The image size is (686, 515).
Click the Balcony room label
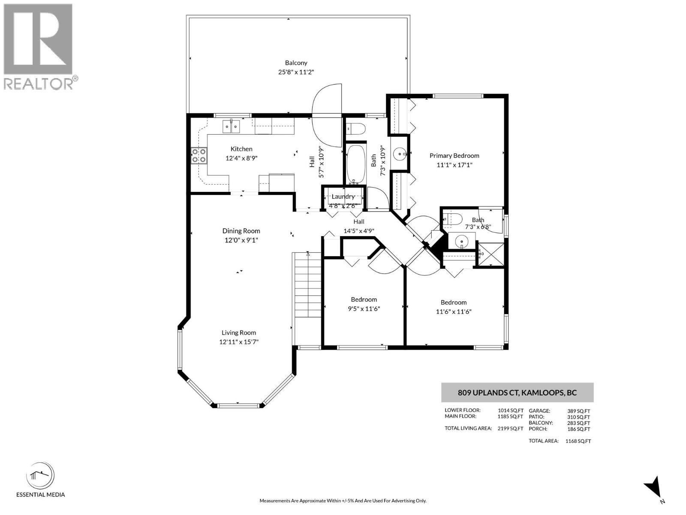click(x=296, y=63)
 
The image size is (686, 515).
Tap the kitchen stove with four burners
click(x=199, y=155)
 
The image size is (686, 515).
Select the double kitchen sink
click(x=231, y=126)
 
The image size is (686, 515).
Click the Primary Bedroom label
click(x=454, y=156)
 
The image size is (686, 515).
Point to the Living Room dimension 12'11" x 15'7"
click(x=239, y=342)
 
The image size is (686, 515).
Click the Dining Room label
click(x=241, y=231)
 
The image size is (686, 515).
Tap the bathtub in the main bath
click(x=356, y=164)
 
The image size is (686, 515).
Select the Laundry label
click(x=343, y=197)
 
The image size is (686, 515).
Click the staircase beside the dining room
click(x=307, y=285)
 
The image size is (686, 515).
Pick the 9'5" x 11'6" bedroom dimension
click(x=364, y=309)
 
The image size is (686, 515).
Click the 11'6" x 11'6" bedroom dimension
click(x=454, y=312)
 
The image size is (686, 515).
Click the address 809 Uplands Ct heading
click(x=517, y=393)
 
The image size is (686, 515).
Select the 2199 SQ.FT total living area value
click(x=510, y=428)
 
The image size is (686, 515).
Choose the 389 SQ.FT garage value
click(x=579, y=411)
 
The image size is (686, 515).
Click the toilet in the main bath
click(x=356, y=129)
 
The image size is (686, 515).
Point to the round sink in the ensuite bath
click(x=462, y=242)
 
